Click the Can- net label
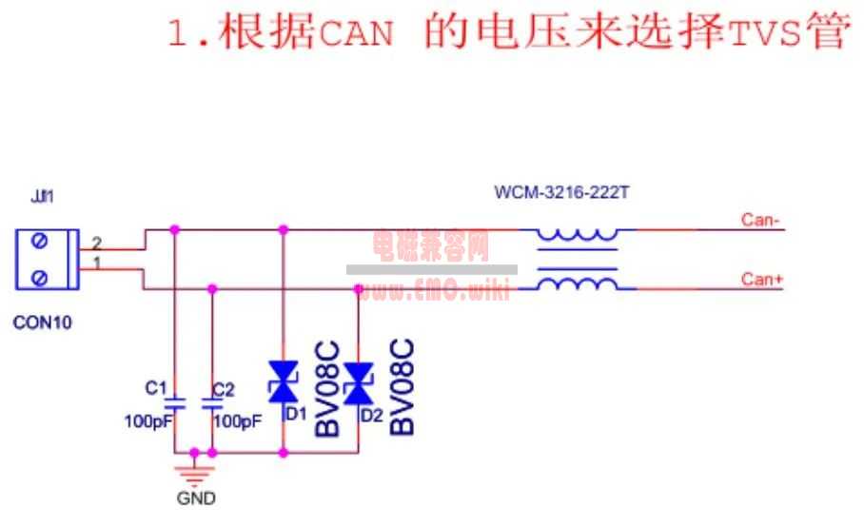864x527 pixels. click(761, 221)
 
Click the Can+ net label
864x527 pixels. click(761, 279)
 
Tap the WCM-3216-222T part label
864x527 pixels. click(561, 193)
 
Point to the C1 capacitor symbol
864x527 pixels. click(174, 403)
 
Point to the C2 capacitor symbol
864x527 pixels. click(211, 403)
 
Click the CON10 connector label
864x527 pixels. click(42, 322)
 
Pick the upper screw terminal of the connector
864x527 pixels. click(40, 243)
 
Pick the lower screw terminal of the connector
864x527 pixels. click(40, 278)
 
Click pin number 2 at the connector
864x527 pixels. click(96, 243)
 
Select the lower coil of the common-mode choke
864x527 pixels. click(577, 282)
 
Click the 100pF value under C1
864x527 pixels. click(147, 421)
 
